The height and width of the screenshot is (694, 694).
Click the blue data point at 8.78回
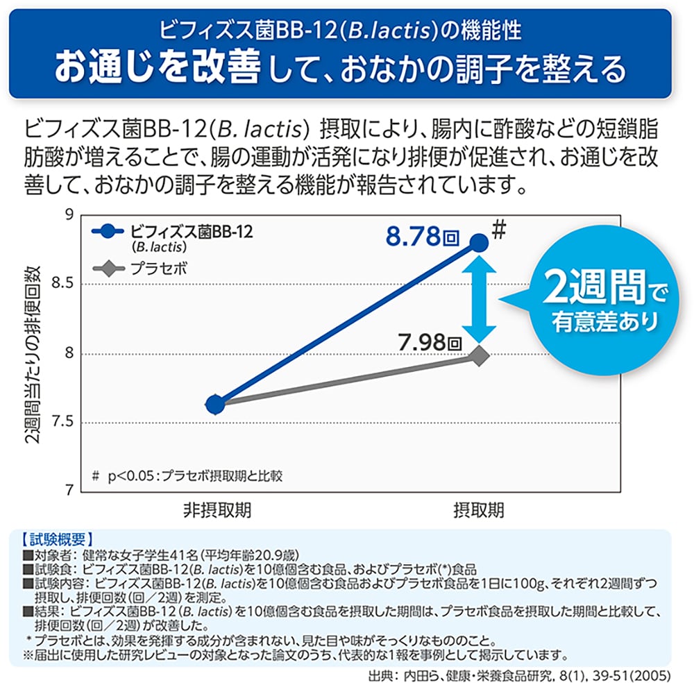(479, 242)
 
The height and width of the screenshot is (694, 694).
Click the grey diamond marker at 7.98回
(479, 356)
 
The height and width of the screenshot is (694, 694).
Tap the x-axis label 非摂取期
(217, 511)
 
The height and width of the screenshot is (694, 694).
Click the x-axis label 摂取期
(478, 511)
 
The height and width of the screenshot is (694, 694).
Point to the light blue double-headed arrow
(479, 298)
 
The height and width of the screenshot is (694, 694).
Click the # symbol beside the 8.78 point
(498, 230)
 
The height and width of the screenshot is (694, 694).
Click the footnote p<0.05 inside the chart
(187, 475)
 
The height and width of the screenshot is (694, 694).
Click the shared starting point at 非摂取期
(216, 404)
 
